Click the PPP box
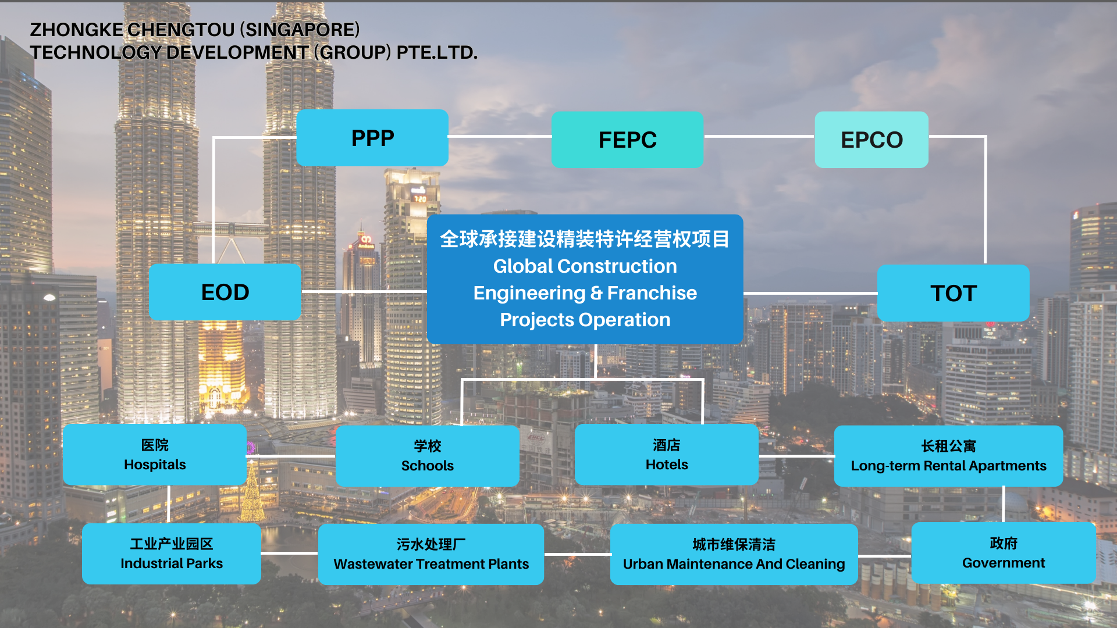(372, 138)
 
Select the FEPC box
(627, 140)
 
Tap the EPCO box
(871, 140)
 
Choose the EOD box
(225, 292)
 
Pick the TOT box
(953, 293)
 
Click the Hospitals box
(155, 455)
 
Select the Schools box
(428, 456)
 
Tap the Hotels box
(667, 455)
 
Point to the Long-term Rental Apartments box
(948, 456)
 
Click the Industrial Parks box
(172, 554)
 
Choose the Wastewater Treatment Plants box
(431, 554)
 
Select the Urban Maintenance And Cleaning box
(734, 554)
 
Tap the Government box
(1004, 553)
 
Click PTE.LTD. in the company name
(437, 52)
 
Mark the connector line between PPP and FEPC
(500, 137)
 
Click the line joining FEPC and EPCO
(759, 137)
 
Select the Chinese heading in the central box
(585, 239)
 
